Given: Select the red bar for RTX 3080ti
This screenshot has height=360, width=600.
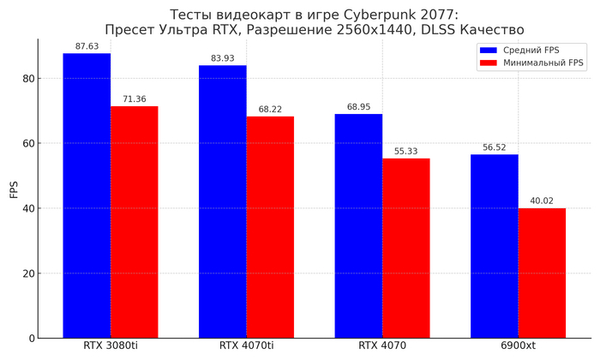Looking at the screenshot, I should pyautogui.click(x=135, y=222).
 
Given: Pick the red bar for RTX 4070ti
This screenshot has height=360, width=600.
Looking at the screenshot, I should pyautogui.click(x=270, y=227).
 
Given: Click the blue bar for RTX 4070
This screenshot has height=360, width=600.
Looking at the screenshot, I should pyautogui.click(x=358, y=226).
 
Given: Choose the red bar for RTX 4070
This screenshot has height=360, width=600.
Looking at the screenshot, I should pyautogui.click(x=406, y=249).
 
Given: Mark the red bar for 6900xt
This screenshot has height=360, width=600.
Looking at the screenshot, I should pyautogui.click(x=542, y=273).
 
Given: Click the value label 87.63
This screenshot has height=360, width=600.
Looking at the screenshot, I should pyautogui.click(x=87, y=46).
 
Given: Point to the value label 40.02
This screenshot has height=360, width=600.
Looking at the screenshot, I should pyautogui.click(x=542, y=201).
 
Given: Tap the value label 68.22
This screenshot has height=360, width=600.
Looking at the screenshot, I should pyautogui.click(x=270, y=110).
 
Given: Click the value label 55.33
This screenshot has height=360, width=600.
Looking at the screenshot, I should pyautogui.click(x=406, y=152).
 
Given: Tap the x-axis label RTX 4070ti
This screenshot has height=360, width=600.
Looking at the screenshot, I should pyautogui.click(x=246, y=346).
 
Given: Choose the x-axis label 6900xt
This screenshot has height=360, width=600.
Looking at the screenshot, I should pyautogui.click(x=519, y=346).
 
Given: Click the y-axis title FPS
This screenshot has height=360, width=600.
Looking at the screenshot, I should pyautogui.click(x=13, y=189).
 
